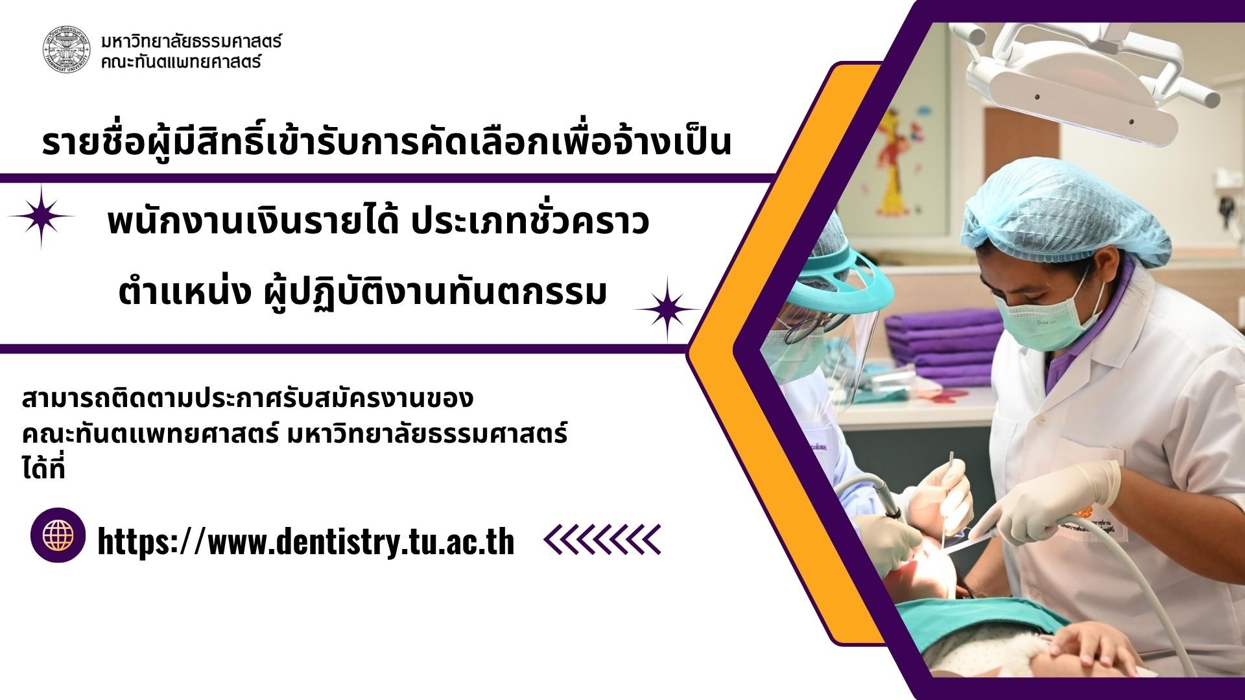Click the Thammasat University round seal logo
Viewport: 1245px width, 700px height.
(x=67, y=49)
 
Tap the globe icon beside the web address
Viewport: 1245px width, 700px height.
(x=58, y=535)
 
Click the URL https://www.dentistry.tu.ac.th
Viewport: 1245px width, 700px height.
(x=306, y=542)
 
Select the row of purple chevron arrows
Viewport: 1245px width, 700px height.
(x=602, y=540)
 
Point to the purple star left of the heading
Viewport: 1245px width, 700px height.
(x=41, y=216)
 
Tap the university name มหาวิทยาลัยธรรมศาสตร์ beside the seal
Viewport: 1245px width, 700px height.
(x=191, y=41)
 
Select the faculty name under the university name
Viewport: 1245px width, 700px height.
(x=181, y=62)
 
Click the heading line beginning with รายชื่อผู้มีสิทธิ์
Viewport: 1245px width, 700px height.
(x=386, y=143)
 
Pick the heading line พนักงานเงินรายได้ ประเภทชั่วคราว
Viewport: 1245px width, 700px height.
(x=378, y=222)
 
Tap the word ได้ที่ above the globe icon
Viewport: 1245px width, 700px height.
(x=43, y=469)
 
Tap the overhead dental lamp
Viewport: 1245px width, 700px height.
(x=1076, y=78)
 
